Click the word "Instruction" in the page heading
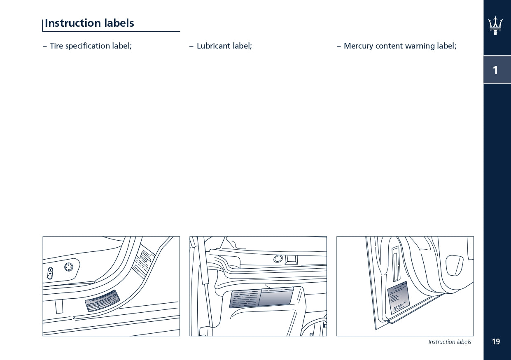coord(73,23)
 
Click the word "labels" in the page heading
coord(119,23)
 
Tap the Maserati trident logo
coord(495,26)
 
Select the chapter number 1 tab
coord(495,70)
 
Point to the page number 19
coord(496,341)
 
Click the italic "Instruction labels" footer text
coord(450,342)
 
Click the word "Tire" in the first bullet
coord(56,46)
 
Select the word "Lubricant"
coord(214,46)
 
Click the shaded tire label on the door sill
coord(102,301)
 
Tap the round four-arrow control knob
coord(69,267)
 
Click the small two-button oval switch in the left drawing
coord(50,273)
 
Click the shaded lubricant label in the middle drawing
coord(261,297)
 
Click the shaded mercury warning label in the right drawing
coord(399,298)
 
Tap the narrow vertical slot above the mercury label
coord(396,264)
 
